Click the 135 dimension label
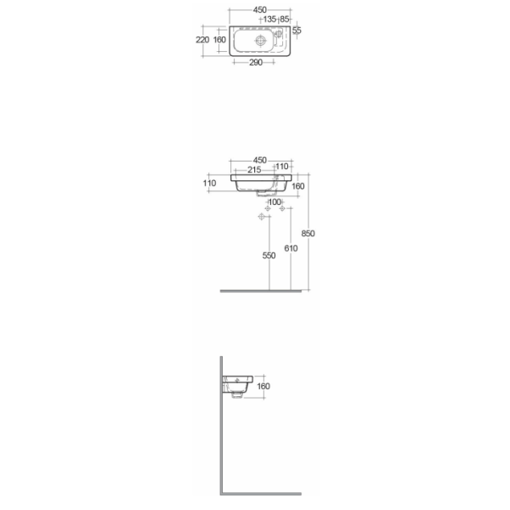pos(269,20)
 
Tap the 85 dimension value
pos(284,20)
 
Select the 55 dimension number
pos(297,31)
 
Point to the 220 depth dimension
pos(202,40)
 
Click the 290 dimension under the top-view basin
pos(256,62)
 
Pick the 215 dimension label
pos(254,169)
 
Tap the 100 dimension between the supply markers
pos(275,202)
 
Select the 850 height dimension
pos(308,233)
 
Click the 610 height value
pos(291,248)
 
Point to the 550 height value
pos(269,256)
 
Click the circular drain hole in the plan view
pos(261,40)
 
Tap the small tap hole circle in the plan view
pos(279,33)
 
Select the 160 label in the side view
pos(263,386)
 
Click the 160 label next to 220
pos(219,40)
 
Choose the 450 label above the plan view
pos(260,10)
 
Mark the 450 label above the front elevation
pos(260,161)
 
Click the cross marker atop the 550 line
pos(261,216)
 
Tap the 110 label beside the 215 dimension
pos(282,167)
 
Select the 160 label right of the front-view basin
pos(298,186)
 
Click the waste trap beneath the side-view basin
pos(237,395)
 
